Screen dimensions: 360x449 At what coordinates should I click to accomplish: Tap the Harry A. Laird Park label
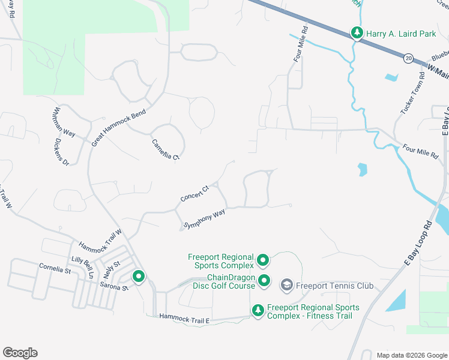[402, 34]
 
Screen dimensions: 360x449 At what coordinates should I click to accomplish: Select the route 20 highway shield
[409, 58]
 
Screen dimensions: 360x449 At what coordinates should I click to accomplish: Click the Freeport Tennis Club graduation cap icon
[287, 285]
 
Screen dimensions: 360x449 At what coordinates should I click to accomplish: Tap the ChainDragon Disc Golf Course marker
[263, 280]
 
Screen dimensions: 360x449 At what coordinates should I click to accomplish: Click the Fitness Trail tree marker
[258, 310]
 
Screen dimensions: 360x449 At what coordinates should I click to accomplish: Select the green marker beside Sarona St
[139, 277]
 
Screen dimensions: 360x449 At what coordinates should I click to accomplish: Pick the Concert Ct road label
[194, 194]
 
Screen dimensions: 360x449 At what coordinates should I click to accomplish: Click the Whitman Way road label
[64, 122]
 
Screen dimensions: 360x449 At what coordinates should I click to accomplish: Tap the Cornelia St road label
[55, 271]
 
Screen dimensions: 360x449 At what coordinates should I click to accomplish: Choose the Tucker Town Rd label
[413, 95]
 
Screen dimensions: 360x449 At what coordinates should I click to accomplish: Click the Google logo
[20, 353]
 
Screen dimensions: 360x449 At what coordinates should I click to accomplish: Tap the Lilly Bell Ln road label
[83, 266]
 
